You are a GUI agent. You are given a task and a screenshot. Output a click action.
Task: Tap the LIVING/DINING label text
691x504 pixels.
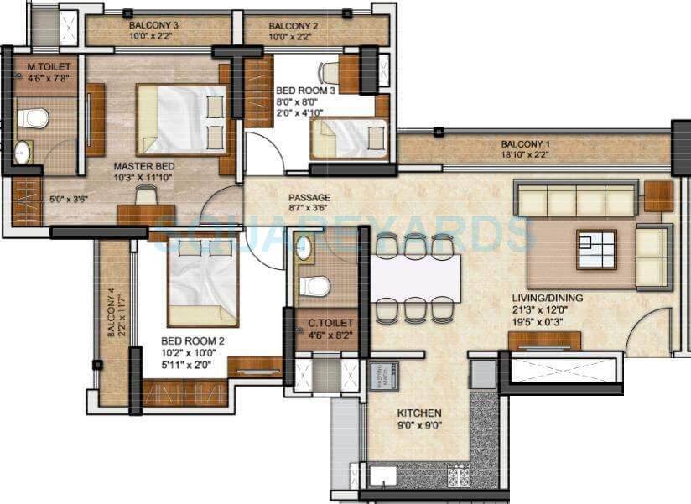pyautogui.click(x=548, y=298)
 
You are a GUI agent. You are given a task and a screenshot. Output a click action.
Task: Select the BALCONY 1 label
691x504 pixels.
pyautogui.click(x=526, y=143)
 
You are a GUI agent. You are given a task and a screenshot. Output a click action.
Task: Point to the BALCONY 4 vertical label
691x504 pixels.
pyautogui.click(x=112, y=313)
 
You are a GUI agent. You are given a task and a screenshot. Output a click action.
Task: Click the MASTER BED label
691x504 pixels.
pyautogui.click(x=143, y=166)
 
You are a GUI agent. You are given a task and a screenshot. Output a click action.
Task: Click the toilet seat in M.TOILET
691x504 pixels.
pyautogui.click(x=32, y=118)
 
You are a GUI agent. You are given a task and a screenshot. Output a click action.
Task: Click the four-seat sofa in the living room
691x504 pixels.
pyautogui.click(x=576, y=201)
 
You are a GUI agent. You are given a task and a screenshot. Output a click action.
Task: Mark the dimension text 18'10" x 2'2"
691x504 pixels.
pyautogui.click(x=526, y=155)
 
